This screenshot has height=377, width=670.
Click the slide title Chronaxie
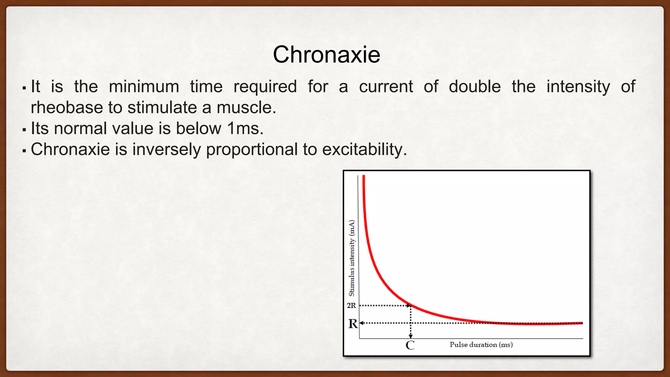[x=326, y=54]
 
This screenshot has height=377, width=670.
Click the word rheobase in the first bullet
[x=67, y=108]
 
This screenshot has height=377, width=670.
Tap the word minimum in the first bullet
[x=144, y=87]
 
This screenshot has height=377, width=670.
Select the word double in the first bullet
[x=474, y=87]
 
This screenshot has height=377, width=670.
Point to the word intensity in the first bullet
[x=578, y=87]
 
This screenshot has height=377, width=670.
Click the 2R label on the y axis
[x=351, y=305]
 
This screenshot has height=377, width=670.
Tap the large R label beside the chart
[x=353, y=324]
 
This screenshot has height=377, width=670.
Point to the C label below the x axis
[x=410, y=345]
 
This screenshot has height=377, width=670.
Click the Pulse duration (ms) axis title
[x=481, y=345]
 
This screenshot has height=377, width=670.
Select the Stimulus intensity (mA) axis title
[x=352, y=258]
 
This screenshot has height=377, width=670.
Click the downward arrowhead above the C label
[x=411, y=336]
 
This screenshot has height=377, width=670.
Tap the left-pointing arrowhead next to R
[x=361, y=323]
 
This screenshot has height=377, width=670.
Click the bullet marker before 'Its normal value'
[x=24, y=130]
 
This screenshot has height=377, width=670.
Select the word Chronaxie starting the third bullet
[x=70, y=149]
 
